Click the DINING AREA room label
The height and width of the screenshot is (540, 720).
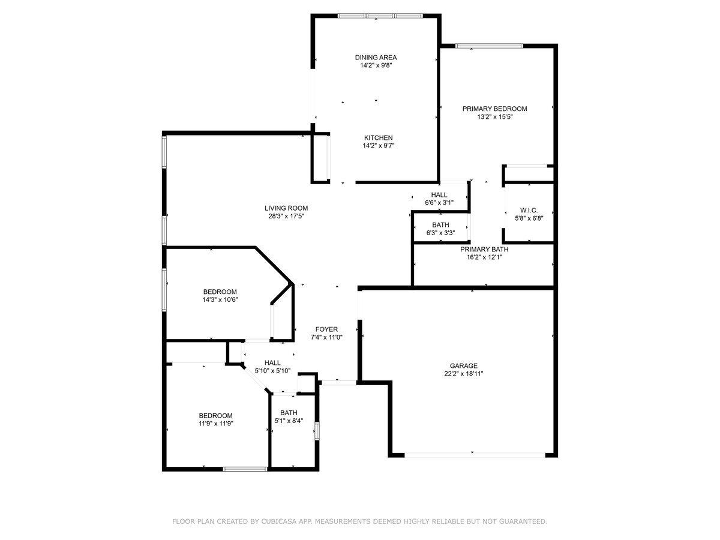pos(376,58)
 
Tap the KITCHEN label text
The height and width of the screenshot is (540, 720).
pos(378,138)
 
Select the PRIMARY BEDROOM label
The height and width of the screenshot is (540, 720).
pos(494,109)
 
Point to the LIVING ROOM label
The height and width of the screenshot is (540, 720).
pos(286,208)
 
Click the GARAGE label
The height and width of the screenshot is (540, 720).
pos(463,365)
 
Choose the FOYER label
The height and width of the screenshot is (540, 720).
pos(326,329)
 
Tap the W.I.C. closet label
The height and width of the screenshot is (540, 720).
pos(529,210)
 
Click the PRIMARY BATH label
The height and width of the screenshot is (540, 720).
pos(484,249)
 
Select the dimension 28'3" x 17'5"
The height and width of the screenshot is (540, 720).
pos(286,216)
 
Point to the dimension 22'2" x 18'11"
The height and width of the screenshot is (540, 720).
pos(463,373)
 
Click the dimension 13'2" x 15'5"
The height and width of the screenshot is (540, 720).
pos(494,117)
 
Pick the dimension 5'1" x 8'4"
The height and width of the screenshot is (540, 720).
pos(289,421)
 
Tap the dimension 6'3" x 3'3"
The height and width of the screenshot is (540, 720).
pos(440,233)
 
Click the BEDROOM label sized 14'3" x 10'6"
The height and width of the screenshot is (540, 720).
pos(220,292)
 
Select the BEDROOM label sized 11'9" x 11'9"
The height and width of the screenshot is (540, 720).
pos(215,415)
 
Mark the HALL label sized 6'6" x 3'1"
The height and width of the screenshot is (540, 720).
pos(439,195)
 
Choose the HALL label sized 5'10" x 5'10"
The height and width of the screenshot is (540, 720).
pos(272,362)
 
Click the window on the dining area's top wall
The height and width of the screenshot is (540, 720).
pos(380,16)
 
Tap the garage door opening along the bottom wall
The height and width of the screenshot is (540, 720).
pos(475,455)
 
